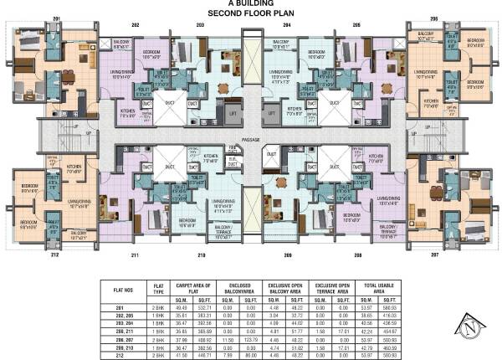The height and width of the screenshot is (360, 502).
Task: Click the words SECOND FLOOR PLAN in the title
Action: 251,14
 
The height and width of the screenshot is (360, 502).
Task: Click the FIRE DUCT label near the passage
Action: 233,148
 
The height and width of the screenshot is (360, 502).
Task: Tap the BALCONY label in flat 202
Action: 120,42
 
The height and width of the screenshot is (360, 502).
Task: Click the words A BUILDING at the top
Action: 251,5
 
